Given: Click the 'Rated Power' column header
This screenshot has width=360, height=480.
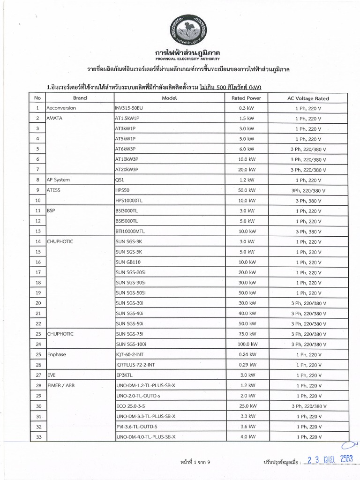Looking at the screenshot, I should click(246, 98).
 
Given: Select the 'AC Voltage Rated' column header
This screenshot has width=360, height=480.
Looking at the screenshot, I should click(308, 98).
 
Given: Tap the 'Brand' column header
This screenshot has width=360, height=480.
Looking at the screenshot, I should click(80, 98).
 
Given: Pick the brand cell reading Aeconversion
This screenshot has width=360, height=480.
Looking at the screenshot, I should click(61, 108).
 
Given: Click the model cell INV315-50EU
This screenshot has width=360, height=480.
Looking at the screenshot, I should click(129, 108).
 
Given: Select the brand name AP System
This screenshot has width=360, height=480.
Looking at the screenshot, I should click(59, 180).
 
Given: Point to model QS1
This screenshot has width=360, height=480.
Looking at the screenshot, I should click(120, 180).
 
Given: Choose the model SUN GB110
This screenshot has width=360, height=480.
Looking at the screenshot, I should click(130, 262).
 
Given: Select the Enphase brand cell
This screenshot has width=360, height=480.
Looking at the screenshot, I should click(57, 354).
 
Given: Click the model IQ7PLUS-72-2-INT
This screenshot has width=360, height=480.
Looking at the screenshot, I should click(135, 365).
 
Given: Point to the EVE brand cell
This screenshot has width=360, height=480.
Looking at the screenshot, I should click(52, 375).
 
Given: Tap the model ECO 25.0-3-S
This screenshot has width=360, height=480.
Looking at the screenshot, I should click(133, 406).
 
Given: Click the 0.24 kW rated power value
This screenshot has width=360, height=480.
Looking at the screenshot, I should click(246, 354).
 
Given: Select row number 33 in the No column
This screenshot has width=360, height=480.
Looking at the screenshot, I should click(38, 437).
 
